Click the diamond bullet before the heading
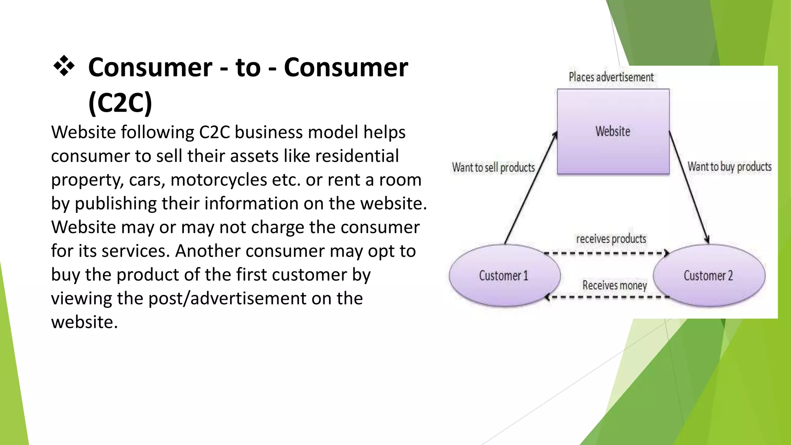(64, 66)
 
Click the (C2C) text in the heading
(120, 102)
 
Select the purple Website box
(613, 131)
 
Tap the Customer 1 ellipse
(504, 275)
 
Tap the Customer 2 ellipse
(708, 275)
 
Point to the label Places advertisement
(611, 77)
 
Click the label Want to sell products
(493, 167)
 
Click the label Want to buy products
(729, 166)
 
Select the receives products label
(611, 239)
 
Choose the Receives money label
(614, 285)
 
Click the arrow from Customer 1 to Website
(531, 188)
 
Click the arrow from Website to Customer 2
(689, 187)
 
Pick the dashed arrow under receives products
(606, 253)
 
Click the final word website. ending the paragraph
(84, 322)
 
